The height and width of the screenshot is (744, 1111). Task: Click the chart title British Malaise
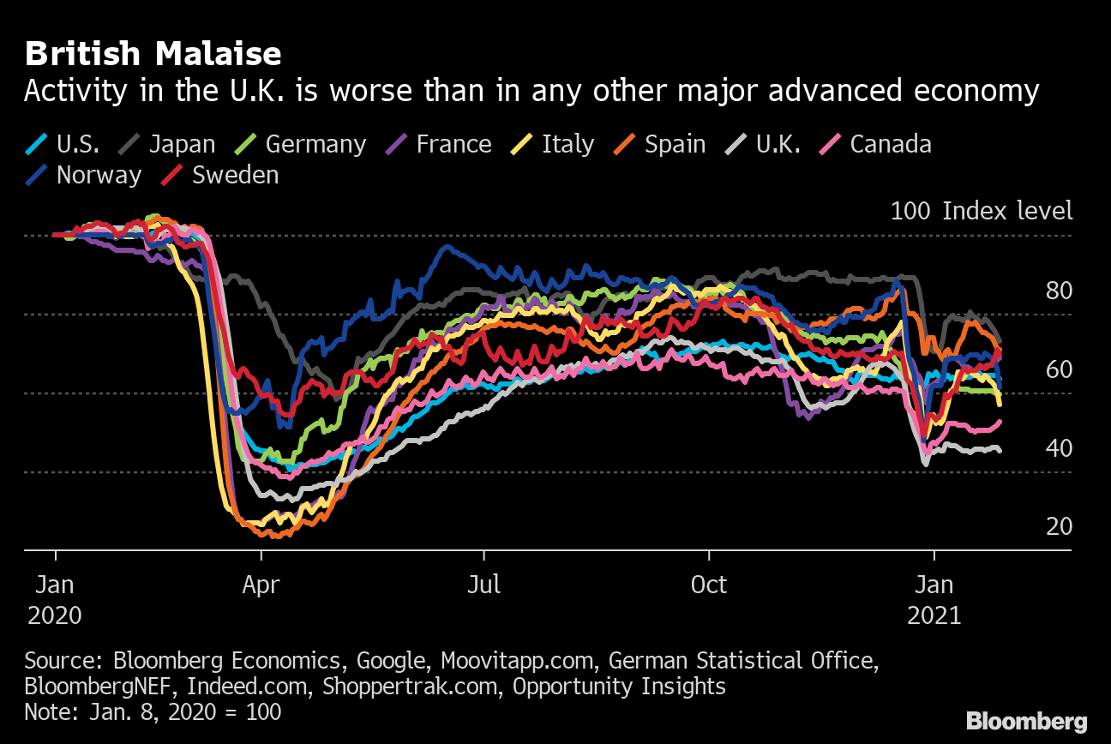click(153, 55)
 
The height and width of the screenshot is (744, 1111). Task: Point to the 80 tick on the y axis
click(1059, 291)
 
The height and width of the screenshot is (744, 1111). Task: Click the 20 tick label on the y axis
click(1059, 525)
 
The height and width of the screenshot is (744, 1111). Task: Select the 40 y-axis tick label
click(1059, 447)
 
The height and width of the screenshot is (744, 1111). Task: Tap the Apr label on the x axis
click(261, 585)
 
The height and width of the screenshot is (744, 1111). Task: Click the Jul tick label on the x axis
click(483, 585)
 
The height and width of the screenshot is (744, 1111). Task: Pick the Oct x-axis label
click(709, 585)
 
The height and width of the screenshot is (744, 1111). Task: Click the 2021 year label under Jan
click(934, 615)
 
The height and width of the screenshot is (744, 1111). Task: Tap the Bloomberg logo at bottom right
click(1026, 721)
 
